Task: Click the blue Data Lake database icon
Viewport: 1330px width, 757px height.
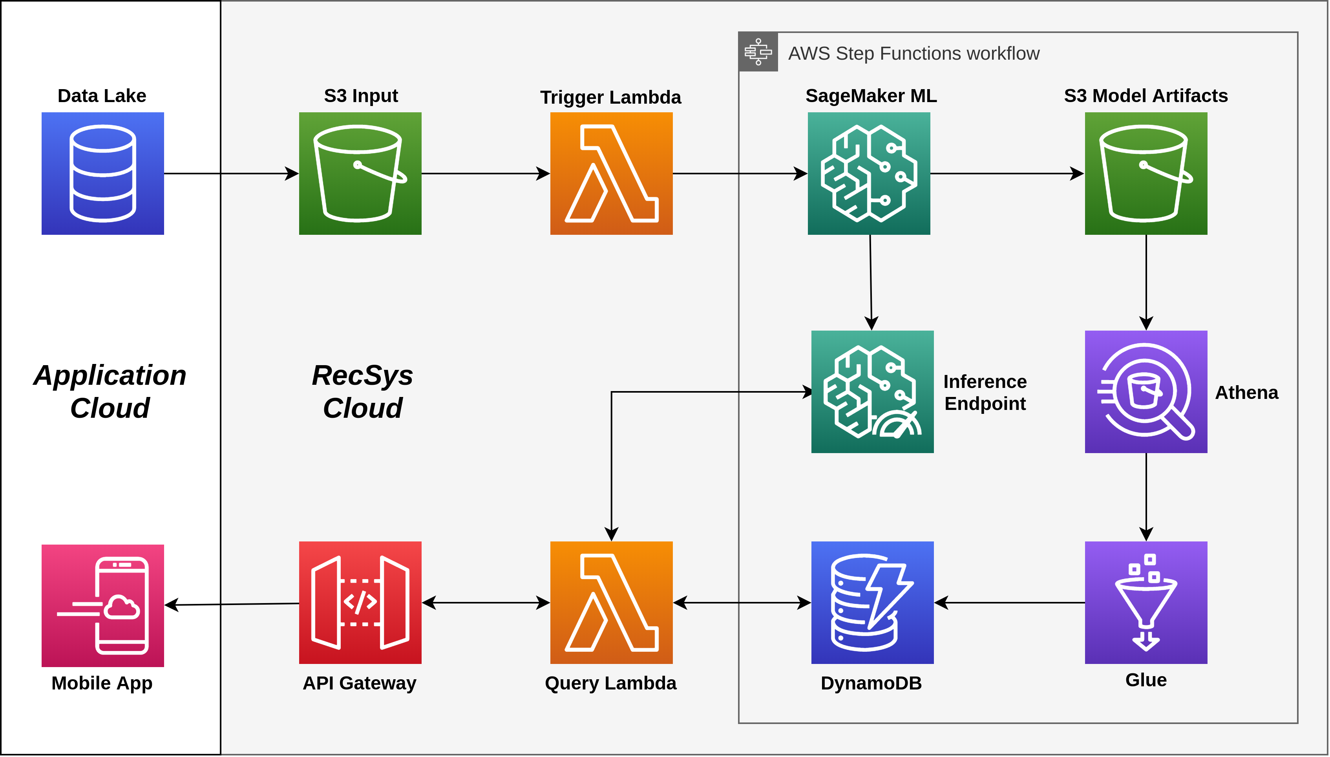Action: tap(102, 173)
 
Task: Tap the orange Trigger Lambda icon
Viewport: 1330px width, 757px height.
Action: tap(611, 173)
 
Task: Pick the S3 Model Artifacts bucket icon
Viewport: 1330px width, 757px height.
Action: tap(1145, 173)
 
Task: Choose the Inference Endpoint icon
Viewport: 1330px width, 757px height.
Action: tap(872, 391)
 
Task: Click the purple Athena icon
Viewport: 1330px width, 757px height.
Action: tap(1145, 391)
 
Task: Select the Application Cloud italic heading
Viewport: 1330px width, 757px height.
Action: tap(110, 391)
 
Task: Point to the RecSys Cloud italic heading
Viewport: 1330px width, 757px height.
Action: tap(362, 391)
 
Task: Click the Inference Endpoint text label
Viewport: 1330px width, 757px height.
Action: tap(985, 393)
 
